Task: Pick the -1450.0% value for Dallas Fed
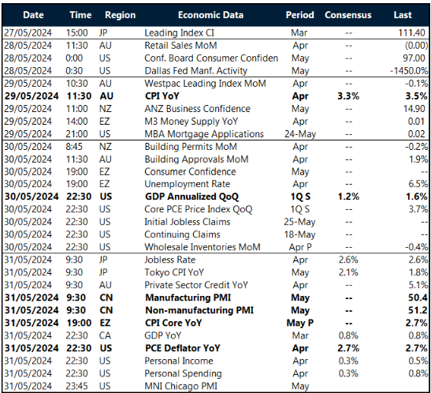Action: pyautogui.click(x=407, y=70)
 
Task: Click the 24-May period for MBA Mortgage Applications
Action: pyautogui.click(x=300, y=134)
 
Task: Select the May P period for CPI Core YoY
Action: pyautogui.click(x=300, y=323)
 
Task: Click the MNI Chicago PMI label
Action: pyautogui.click(x=180, y=386)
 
